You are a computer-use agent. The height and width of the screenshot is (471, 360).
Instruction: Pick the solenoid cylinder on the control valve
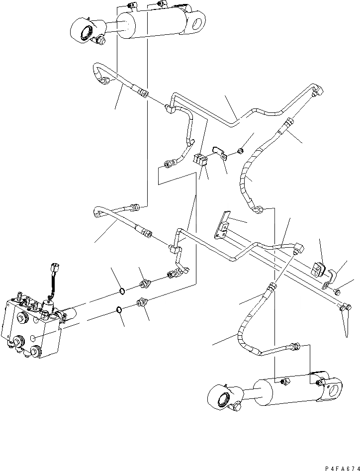[69, 314]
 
